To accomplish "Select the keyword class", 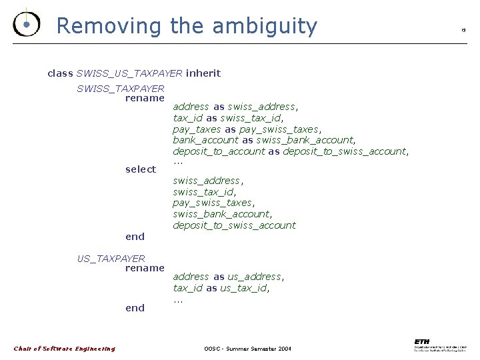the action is [60, 73].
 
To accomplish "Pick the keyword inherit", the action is [203, 73].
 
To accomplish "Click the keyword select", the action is [141, 169].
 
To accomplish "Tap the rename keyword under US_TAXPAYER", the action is [145, 268].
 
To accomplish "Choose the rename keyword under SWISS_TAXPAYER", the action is [145, 98].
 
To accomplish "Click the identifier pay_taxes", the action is [197, 129].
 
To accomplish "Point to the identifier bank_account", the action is [205, 140].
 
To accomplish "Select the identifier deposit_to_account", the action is [219, 151].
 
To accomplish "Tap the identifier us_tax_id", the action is [245, 288].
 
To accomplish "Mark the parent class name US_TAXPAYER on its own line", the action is [111, 258].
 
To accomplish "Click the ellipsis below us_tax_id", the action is [177, 299].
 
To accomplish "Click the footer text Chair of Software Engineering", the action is [65, 349].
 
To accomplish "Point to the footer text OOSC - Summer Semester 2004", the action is [247, 349].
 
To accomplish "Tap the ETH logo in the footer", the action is [440, 344].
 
